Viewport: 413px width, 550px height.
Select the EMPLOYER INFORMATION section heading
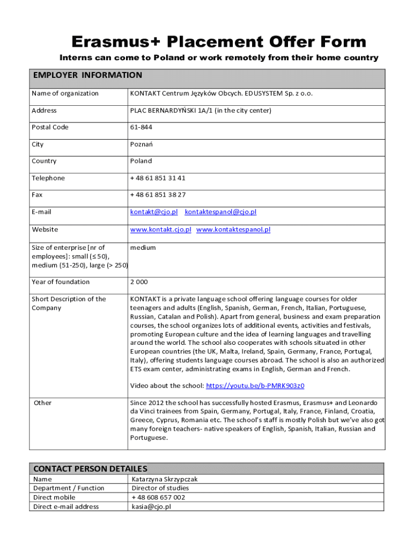pyautogui.click(x=87, y=75)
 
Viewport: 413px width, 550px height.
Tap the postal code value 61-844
pyautogui.click(x=141, y=127)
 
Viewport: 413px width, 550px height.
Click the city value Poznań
pyautogui.click(x=141, y=144)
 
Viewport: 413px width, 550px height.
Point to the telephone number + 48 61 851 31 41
pyautogui.click(x=158, y=178)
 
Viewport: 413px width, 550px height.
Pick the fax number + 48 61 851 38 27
pyautogui.click(x=158, y=195)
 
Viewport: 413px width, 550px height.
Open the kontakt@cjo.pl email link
pyautogui.click(x=154, y=212)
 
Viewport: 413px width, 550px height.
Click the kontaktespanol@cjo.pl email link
pyautogui.click(x=220, y=212)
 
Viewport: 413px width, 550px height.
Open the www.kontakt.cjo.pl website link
pyautogui.click(x=161, y=230)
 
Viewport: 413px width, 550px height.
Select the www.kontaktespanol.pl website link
pyautogui.click(x=233, y=230)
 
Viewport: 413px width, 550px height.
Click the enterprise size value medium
pyautogui.click(x=143, y=248)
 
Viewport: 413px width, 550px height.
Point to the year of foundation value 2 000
pyautogui.click(x=139, y=282)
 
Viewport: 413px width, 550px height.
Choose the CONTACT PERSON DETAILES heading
pyautogui.click(x=90, y=469)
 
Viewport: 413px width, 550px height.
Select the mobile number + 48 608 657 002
pyautogui.click(x=158, y=497)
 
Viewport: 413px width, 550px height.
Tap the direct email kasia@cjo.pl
pyautogui.click(x=151, y=506)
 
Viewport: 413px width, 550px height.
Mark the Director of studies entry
pyautogui.click(x=160, y=488)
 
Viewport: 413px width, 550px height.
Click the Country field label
pyautogui.click(x=44, y=161)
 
